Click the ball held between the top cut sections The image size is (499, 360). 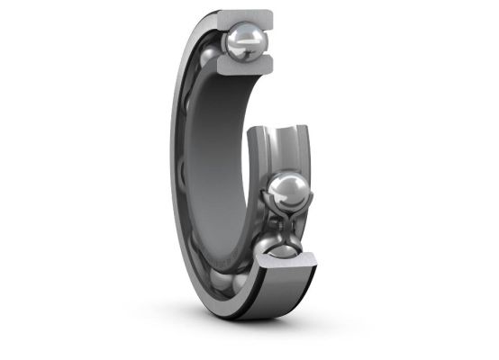click(x=245, y=40)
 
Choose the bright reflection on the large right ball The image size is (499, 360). click(x=283, y=184)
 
